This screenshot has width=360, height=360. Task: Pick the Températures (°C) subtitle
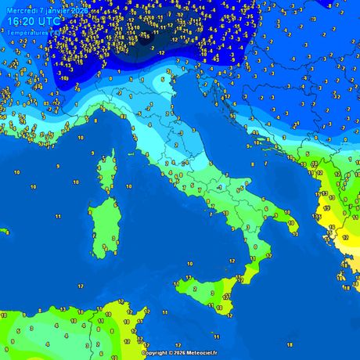31,33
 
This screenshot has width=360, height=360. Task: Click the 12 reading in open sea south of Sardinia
81,286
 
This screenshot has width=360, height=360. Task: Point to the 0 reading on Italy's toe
255,246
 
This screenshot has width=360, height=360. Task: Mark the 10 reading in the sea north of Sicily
189,264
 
